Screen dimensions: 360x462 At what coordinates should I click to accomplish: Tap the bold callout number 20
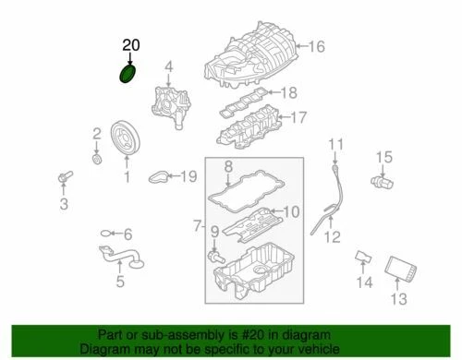click(x=132, y=43)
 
